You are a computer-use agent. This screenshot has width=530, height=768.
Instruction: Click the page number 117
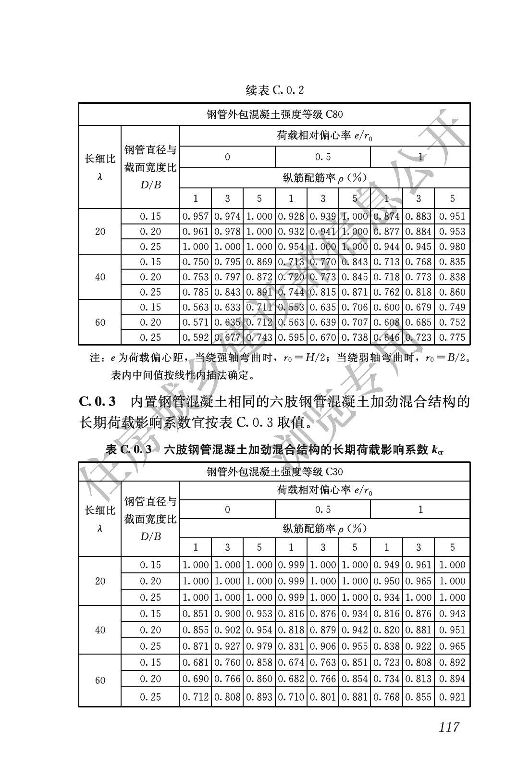coord(449,727)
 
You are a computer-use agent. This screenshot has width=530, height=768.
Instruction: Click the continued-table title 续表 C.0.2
coord(274,90)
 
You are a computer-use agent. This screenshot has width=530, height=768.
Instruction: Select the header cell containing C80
coord(274,115)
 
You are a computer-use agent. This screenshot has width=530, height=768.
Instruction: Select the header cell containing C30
coord(274,472)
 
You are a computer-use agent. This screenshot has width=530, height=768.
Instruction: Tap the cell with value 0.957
coord(196,217)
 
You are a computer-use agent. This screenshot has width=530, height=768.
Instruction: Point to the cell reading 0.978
coord(227,232)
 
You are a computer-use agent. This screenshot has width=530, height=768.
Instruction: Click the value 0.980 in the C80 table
coord(452,247)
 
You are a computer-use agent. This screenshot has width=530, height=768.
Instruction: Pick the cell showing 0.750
coord(196,262)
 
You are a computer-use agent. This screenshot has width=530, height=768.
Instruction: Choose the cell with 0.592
coord(196,337)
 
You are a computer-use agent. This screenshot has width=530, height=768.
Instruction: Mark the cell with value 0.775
coord(452,337)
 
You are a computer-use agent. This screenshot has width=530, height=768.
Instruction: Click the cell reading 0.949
coord(386,565)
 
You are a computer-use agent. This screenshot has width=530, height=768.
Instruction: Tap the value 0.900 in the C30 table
coord(227,614)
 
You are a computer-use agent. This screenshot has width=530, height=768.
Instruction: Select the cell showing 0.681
coord(196,663)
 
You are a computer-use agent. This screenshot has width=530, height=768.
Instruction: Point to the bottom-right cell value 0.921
coord(452,697)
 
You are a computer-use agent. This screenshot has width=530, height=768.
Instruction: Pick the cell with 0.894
coord(452,679)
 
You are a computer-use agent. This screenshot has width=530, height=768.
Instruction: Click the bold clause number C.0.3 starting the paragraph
coord(98,401)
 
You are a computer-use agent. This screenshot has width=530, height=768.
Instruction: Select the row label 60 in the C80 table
coord(100,322)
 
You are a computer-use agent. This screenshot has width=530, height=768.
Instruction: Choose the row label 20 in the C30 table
coord(100,581)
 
